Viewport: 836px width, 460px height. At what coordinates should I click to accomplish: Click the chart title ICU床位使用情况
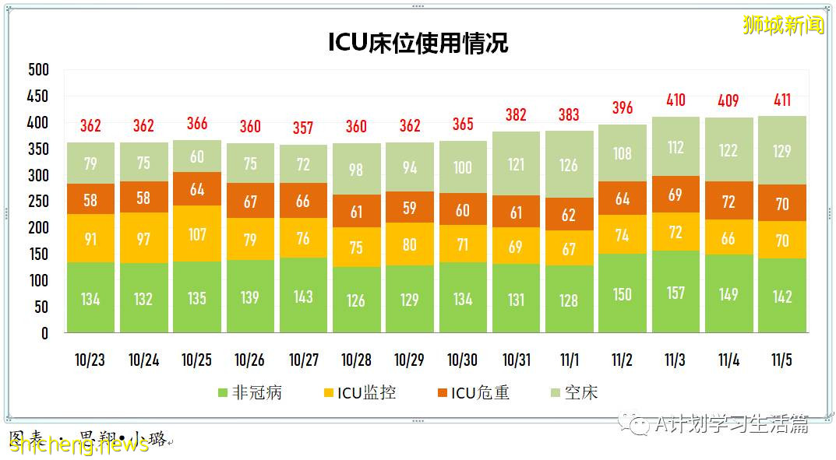tap(418, 43)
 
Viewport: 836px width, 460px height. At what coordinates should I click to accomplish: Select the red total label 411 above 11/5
tap(782, 100)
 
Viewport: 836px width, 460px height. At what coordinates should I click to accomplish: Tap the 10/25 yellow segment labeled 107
tap(197, 234)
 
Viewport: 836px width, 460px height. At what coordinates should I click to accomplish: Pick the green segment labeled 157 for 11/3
tap(676, 292)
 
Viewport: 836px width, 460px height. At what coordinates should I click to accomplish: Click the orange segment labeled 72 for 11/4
tap(728, 202)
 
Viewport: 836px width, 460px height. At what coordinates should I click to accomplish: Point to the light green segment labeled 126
tap(569, 164)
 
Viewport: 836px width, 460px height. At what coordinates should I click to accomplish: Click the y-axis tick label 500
tap(38, 70)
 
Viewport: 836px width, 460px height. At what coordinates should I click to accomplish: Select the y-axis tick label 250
tap(38, 202)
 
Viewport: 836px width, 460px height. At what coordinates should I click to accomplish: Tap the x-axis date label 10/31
tap(516, 360)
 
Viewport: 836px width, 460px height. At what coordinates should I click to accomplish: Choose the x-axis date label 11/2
tap(622, 360)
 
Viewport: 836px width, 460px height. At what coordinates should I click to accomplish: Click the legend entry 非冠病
tap(249, 392)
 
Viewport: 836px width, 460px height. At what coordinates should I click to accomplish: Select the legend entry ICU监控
tap(359, 392)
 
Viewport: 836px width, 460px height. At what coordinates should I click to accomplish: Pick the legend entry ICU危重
tap(470, 392)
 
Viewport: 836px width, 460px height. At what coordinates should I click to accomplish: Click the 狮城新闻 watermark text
tap(782, 25)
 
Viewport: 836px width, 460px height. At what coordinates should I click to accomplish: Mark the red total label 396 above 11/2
tap(623, 107)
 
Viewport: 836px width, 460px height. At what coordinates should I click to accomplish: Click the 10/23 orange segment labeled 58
tap(90, 200)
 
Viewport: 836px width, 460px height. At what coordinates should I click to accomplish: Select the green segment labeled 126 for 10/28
tap(356, 300)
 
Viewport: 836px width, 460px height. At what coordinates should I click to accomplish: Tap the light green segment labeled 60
tap(197, 156)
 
